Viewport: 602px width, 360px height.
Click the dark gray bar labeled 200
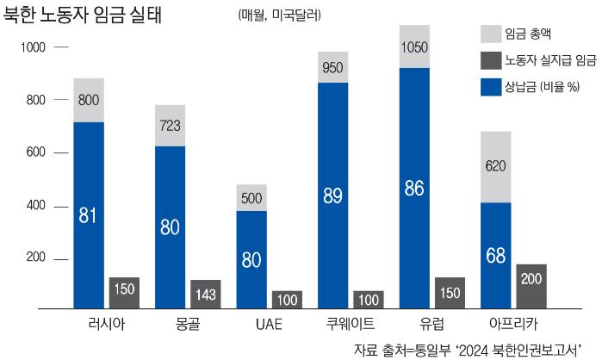pyautogui.click(x=531, y=285)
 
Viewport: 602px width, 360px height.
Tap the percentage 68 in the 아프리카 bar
pyautogui.click(x=497, y=257)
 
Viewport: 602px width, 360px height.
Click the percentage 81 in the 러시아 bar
pyautogui.click(x=89, y=215)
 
